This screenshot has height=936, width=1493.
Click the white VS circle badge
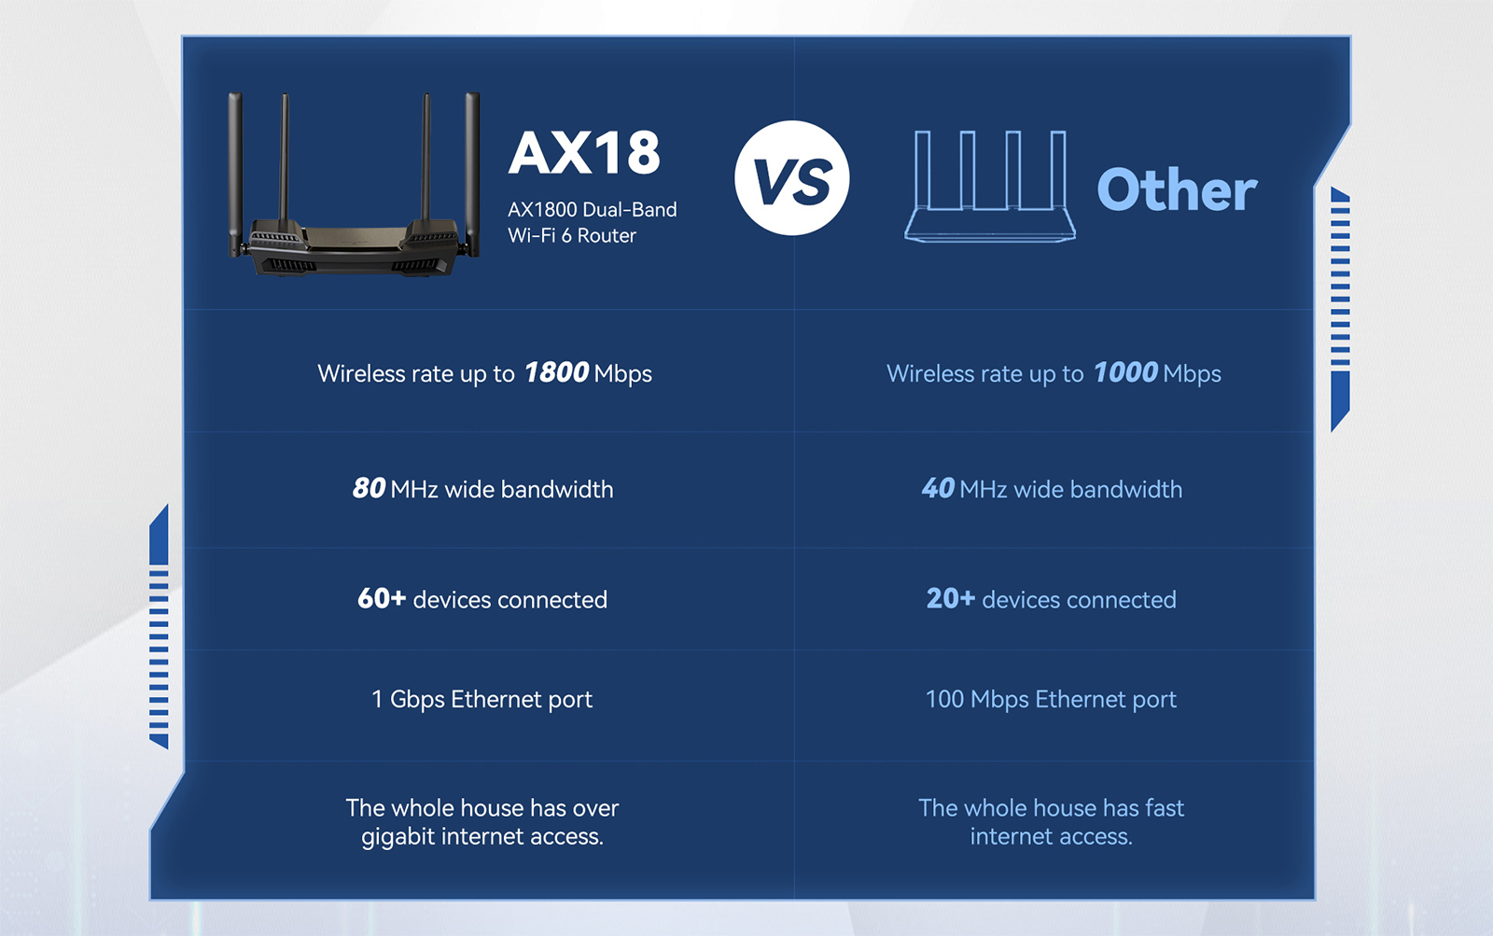pos(792,178)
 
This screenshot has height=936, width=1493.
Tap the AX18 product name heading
pos(584,153)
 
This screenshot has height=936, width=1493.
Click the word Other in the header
pos(1177,190)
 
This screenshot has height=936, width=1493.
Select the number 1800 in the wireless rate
pos(556,372)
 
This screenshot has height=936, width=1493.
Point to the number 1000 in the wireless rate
pos(1125,372)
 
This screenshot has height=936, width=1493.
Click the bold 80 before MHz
pos(369,488)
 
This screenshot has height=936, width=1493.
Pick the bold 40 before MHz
pos(939,488)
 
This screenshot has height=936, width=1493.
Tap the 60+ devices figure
pos(382,599)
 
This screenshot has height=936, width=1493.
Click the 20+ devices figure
pos(951,599)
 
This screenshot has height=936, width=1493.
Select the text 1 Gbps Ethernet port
pos(481,700)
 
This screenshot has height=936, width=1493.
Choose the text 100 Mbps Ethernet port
pos(1051,700)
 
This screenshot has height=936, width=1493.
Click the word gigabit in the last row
pos(398,837)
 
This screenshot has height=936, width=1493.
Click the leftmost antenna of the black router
pos(235,174)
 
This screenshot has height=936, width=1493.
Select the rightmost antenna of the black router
pos(472,174)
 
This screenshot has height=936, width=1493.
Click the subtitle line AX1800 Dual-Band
pos(593,210)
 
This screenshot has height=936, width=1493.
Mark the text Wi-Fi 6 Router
pos(572,236)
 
